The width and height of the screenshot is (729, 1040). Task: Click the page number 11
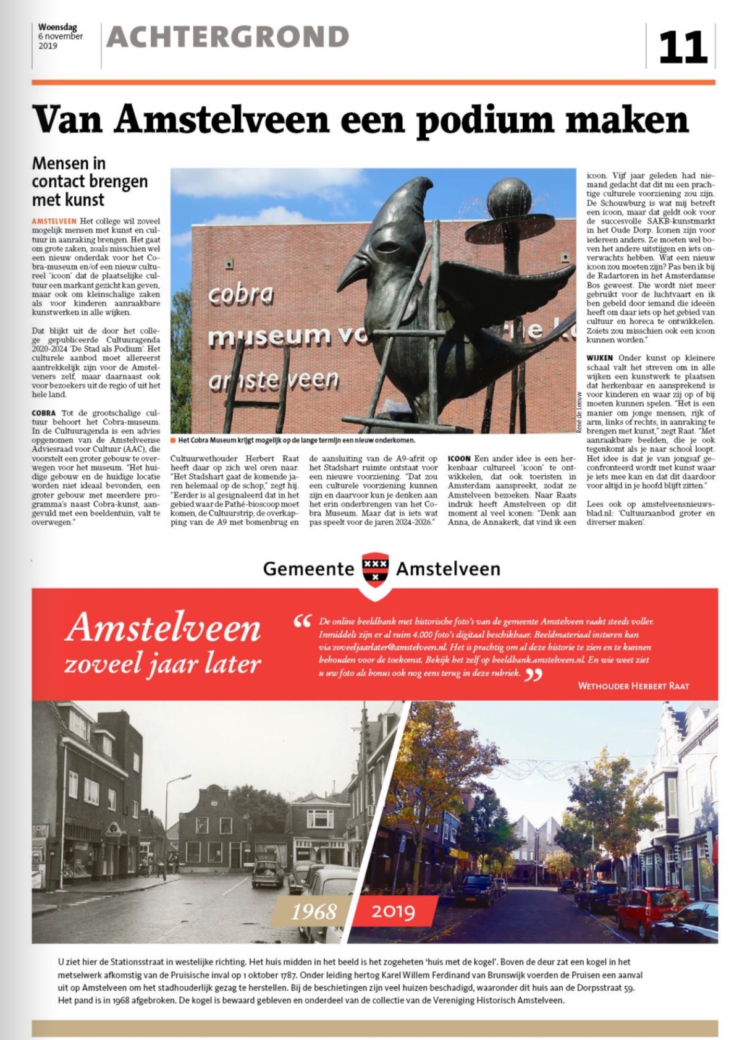click(x=682, y=47)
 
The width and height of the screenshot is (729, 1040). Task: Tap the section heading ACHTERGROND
click(x=228, y=38)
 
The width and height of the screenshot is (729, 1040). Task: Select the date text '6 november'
click(x=61, y=36)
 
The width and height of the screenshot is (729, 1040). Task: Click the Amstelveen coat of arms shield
click(x=375, y=569)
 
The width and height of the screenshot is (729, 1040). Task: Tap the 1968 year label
click(x=314, y=911)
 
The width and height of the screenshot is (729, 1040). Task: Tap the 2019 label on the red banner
click(x=393, y=911)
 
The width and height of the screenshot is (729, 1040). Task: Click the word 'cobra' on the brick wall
click(x=240, y=294)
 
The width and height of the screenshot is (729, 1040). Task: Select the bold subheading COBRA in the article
click(x=43, y=413)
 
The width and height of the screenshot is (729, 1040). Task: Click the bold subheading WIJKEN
click(x=600, y=358)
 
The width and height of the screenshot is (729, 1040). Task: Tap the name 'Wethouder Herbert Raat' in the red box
click(x=633, y=685)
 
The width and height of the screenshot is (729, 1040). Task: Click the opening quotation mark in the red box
click(x=302, y=622)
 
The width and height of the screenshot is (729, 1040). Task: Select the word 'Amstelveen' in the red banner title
click(x=163, y=628)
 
